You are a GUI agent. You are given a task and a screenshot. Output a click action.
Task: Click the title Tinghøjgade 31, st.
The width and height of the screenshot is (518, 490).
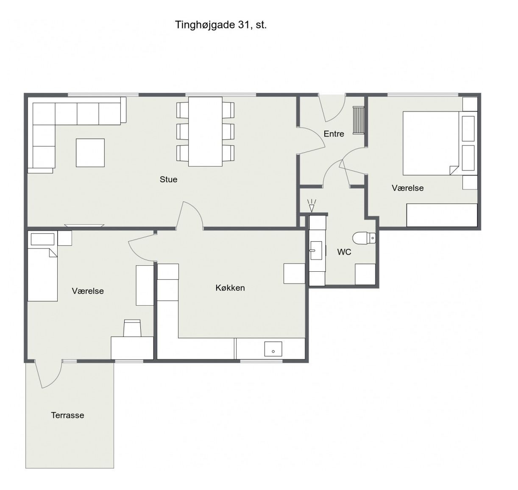221,25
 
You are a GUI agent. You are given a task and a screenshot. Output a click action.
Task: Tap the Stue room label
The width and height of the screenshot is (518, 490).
168,179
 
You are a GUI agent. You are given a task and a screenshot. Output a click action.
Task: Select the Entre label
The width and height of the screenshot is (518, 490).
334,134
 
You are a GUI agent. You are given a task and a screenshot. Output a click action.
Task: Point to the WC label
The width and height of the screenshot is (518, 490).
344,252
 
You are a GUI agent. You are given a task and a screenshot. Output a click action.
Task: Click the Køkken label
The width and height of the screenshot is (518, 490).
230,288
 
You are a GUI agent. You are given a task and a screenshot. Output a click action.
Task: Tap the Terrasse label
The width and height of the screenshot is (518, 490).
67,415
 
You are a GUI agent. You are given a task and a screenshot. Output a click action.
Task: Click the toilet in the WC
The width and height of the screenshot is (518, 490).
364,238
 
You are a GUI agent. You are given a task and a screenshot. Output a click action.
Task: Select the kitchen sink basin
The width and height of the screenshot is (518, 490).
273,349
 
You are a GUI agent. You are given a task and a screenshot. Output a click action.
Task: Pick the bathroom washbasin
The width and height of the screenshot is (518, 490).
316,251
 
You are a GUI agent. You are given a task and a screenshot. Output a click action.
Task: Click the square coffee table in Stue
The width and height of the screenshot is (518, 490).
90,153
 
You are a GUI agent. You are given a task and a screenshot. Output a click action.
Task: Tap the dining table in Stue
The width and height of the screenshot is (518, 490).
205,131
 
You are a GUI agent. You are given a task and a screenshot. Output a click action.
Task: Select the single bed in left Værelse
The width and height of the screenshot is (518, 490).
43,274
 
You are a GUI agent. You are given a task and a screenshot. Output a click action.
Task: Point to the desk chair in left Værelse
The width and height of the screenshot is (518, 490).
132,328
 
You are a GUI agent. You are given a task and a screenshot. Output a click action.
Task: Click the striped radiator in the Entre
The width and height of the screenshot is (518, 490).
358,120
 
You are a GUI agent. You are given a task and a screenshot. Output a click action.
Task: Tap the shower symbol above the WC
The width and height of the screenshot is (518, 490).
312,206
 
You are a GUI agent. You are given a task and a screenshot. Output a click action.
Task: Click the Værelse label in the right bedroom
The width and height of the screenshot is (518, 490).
408,188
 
